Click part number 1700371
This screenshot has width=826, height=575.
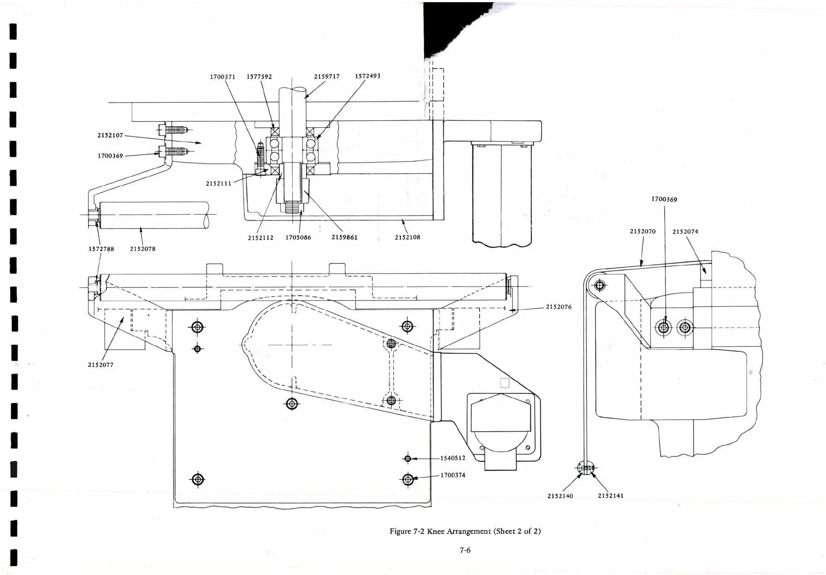click(222, 77)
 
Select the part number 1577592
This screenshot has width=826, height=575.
click(259, 77)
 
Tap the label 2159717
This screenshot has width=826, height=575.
click(326, 77)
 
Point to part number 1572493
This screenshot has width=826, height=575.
click(367, 76)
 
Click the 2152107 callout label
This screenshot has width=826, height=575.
click(110, 135)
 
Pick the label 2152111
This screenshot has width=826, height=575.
click(218, 184)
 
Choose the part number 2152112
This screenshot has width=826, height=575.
click(260, 238)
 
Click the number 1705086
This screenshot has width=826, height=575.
click(298, 238)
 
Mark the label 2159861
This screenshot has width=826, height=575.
click(344, 238)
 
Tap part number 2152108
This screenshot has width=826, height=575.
click(407, 237)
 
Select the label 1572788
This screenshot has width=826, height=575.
click(101, 249)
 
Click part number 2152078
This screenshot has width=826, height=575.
click(143, 249)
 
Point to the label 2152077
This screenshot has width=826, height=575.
click(100, 365)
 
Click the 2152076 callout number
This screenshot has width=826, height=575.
click(559, 307)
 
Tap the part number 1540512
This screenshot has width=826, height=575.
click(453, 458)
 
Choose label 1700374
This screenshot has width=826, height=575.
click(453, 475)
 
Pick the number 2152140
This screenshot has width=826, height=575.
click(560, 496)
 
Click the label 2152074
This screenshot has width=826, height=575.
click(685, 231)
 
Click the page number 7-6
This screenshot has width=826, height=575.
click(465, 550)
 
